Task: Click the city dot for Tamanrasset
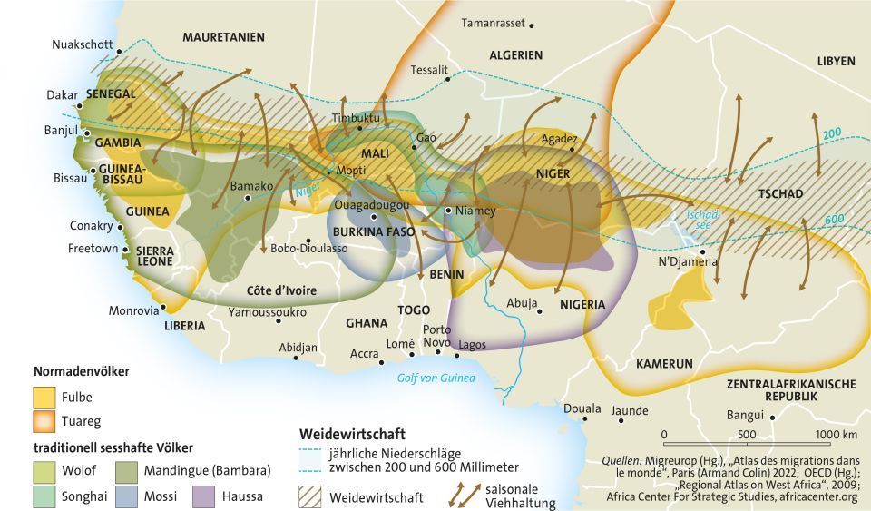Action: coord(533,25)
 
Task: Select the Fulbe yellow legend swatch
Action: coord(44,398)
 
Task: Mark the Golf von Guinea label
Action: coord(436,378)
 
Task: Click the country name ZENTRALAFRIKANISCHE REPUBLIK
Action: coord(791,391)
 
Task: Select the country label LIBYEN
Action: coord(836,61)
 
